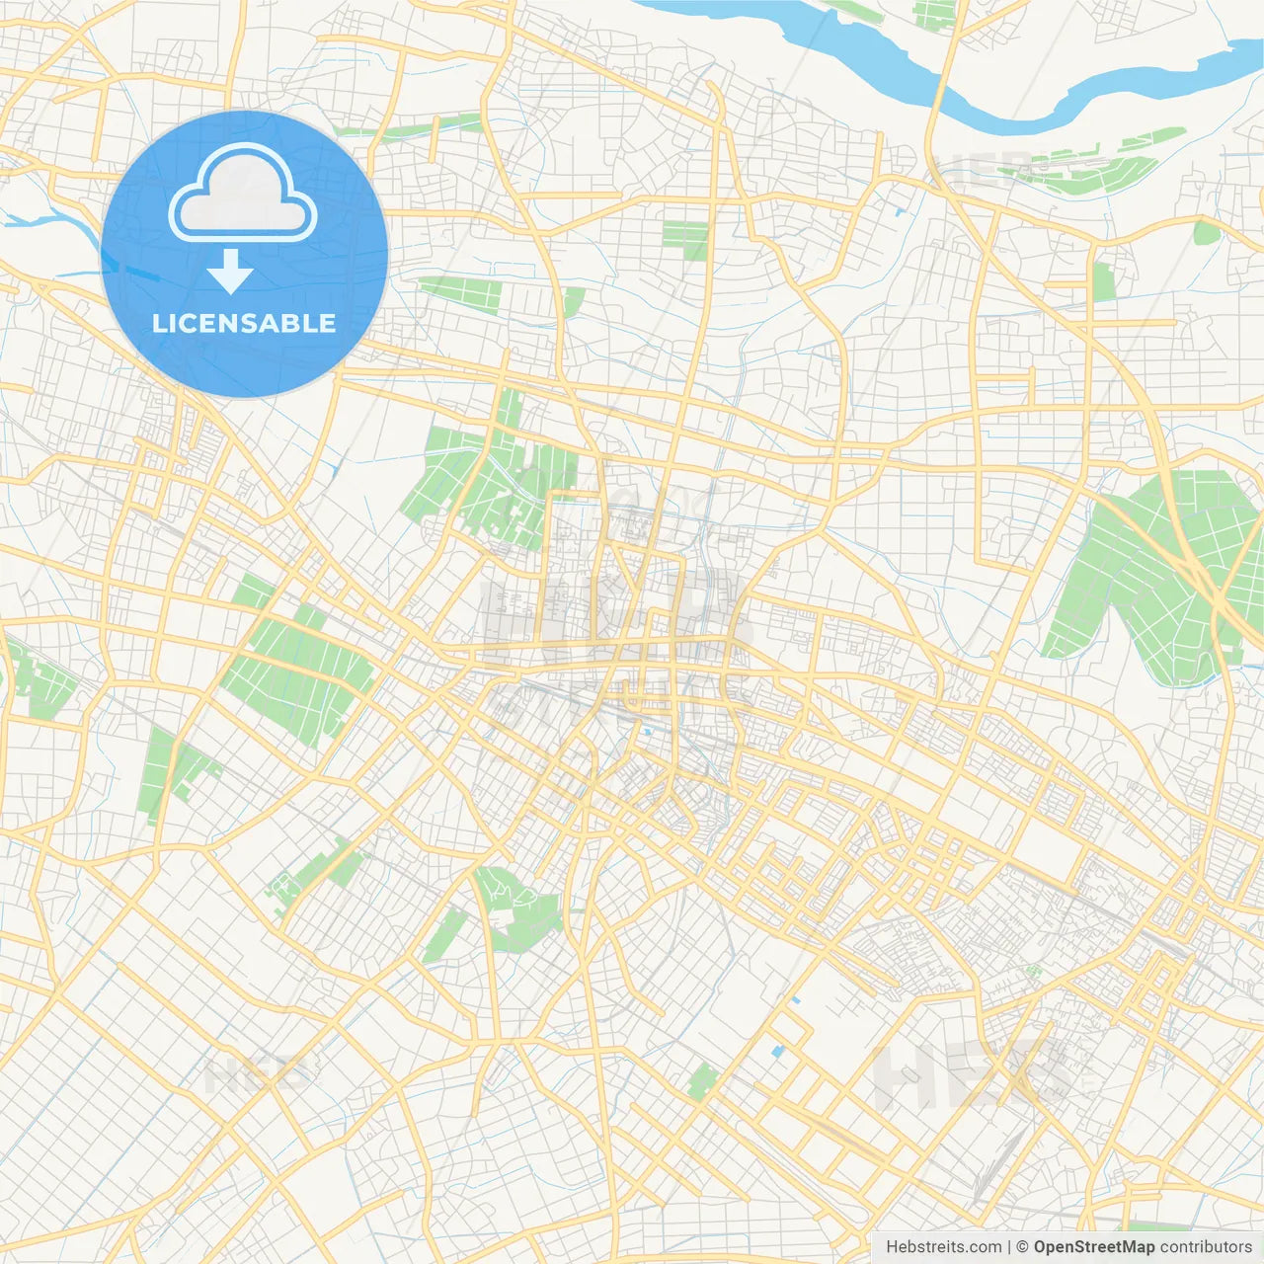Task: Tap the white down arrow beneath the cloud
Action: point(230,271)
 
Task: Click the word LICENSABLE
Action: point(244,323)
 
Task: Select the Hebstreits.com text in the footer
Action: point(943,1247)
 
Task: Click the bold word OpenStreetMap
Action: point(1093,1247)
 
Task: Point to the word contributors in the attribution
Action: point(1206,1247)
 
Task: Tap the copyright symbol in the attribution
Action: point(1022,1247)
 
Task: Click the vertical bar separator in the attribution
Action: point(1009,1247)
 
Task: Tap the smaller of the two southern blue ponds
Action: point(795,1000)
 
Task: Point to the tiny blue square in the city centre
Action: point(647,732)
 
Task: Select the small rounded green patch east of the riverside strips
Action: point(1206,233)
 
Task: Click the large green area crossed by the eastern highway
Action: point(1145,573)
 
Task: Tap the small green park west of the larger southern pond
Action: point(701,1082)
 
